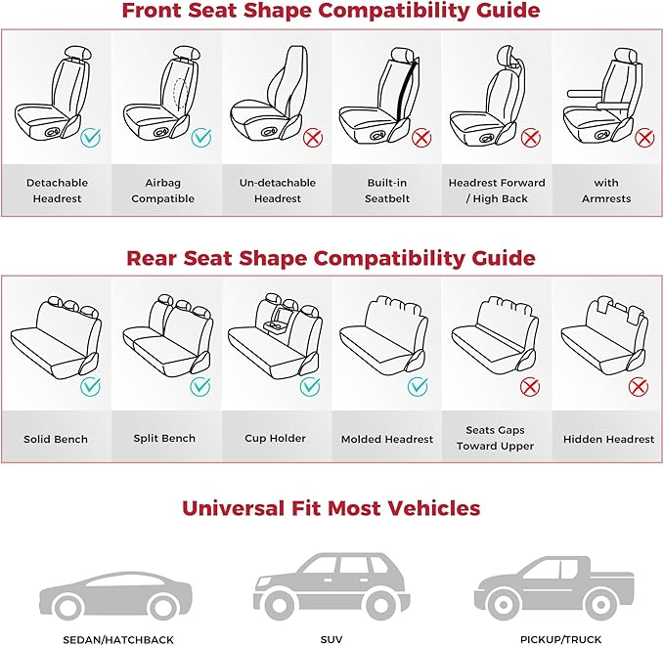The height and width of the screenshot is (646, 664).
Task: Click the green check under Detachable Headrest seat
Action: coord(91,138)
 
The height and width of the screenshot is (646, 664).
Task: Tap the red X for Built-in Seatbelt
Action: coord(422,138)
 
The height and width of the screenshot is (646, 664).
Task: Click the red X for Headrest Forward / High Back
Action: coord(531,138)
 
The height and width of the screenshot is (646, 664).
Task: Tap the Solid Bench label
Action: coord(56,439)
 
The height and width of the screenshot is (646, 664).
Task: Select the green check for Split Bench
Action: coord(200,386)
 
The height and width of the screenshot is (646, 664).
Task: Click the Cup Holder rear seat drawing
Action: coord(274,337)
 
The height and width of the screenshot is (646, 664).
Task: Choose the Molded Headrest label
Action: coord(387,439)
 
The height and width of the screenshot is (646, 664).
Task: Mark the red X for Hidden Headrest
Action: coord(640,387)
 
